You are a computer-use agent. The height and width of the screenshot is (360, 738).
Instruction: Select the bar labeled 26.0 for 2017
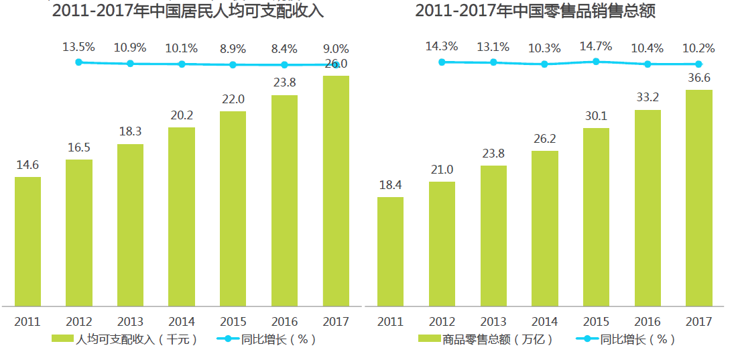click(x=336, y=190)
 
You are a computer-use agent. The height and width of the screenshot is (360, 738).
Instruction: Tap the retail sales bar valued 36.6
click(x=698, y=198)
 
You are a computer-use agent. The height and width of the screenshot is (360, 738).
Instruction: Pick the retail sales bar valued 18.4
click(x=390, y=251)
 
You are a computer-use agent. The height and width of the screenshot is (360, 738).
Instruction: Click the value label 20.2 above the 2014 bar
click(x=182, y=115)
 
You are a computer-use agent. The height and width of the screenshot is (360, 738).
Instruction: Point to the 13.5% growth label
click(x=79, y=48)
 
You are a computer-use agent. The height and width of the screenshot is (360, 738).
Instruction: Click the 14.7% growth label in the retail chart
click(x=596, y=47)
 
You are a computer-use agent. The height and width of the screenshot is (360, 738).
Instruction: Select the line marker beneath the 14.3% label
click(x=442, y=62)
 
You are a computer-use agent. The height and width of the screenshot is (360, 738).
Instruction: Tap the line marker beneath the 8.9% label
click(x=233, y=65)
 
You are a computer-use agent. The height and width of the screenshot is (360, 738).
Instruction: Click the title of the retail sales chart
click(x=535, y=11)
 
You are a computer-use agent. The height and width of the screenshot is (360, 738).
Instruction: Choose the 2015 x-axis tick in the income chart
click(x=233, y=322)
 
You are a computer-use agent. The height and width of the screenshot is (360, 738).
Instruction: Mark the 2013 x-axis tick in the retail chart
click(x=493, y=322)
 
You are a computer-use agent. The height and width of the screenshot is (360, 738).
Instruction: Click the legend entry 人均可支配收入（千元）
click(x=125, y=339)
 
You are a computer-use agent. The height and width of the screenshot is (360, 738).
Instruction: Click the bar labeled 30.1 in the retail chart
click(x=596, y=217)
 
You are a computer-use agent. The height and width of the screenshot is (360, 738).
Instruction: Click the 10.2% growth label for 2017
click(x=698, y=48)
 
